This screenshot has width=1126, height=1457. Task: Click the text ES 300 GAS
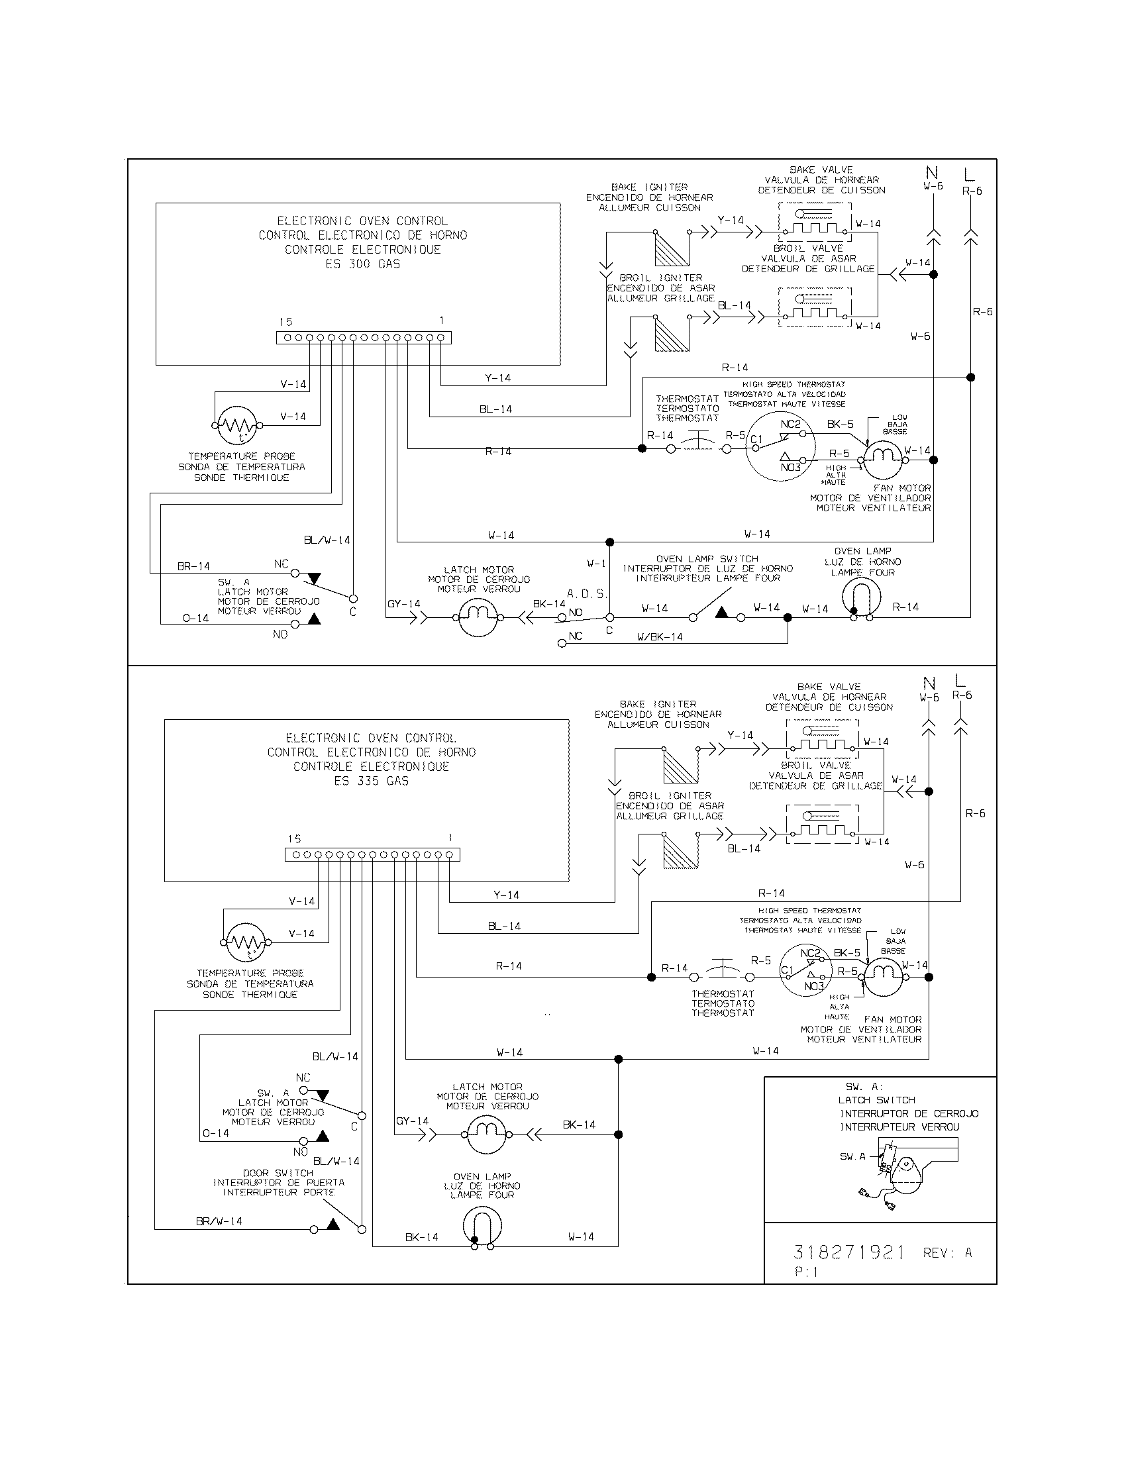[362, 264]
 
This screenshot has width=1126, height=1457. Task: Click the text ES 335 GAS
[371, 781]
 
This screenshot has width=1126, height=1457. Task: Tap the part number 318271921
[848, 1252]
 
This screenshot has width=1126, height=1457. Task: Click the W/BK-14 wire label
[660, 637]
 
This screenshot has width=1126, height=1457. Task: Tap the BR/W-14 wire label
[219, 1221]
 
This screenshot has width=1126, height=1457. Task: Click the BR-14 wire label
[193, 566]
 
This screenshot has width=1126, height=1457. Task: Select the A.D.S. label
[587, 594]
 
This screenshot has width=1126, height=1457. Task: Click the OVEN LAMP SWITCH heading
[707, 559]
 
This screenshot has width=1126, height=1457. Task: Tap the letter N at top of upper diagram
[933, 174]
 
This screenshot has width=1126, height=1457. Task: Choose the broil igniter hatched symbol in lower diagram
[681, 852]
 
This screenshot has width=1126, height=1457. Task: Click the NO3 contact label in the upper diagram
[790, 468]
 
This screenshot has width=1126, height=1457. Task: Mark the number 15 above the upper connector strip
[285, 323]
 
